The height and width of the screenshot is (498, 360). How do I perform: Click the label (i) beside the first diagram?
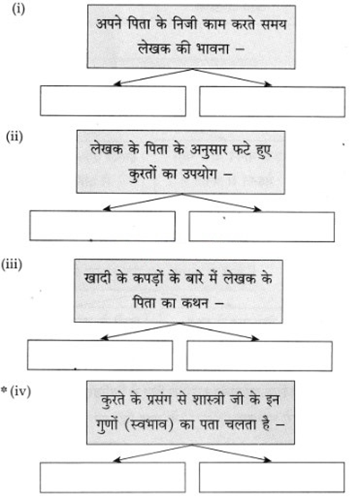(18, 9)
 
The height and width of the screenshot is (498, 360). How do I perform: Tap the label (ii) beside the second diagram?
(15, 137)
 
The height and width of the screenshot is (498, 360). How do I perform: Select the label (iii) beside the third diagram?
(12, 265)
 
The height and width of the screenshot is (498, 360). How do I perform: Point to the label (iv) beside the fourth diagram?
(20, 391)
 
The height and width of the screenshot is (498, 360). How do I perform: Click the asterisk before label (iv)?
(4, 389)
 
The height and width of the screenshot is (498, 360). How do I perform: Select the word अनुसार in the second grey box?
(209, 149)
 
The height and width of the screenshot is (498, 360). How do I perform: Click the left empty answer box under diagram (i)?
(113, 100)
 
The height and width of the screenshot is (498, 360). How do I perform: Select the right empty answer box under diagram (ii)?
(261, 226)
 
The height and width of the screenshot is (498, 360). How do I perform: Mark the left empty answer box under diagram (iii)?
(100, 355)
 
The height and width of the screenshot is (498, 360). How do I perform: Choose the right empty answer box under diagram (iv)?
(272, 477)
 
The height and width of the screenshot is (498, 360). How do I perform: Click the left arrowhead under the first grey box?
(117, 84)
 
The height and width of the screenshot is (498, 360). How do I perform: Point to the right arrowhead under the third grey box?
(255, 339)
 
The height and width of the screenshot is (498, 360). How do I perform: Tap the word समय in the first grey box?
(273, 24)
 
